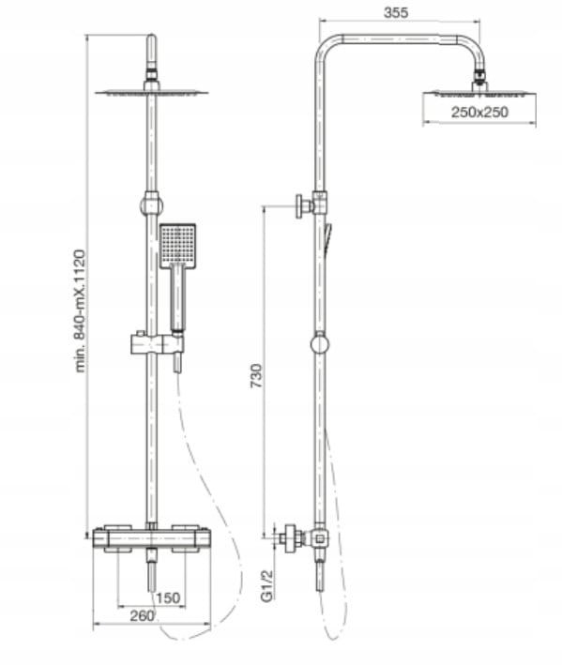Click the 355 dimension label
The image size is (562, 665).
[x=396, y=13]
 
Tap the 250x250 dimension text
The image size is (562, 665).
[x=479, y=112]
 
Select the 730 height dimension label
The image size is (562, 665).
[x=256, y=376]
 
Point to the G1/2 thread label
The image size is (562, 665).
[x=266, y=585]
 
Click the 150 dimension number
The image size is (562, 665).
[x=168, y=598]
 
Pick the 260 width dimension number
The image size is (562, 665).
[x=142, y=615]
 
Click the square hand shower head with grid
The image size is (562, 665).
[x=177, y=246]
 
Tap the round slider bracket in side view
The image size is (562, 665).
[x=320, y=344]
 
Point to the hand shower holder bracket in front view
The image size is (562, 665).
[x=157, y=343]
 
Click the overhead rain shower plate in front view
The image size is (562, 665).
[x=152, y=92]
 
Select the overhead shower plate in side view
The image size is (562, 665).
[x=479, y=93]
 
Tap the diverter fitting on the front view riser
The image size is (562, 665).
[x=151, y=204]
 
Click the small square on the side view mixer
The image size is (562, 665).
[x=320, y=539]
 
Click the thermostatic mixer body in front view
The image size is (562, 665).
[x=151, y=538]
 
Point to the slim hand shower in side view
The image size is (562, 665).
[x=327, y=238]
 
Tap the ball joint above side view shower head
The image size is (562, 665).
[x=479, y=77]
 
